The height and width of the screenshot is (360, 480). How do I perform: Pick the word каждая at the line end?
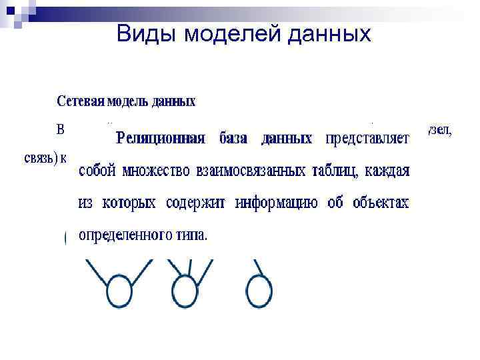pos(386,171)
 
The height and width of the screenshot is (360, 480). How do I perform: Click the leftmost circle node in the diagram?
pos(120,291)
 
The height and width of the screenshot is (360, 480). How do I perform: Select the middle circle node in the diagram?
pos(185,291)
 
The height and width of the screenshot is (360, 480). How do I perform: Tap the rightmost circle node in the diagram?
pos(259,291)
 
